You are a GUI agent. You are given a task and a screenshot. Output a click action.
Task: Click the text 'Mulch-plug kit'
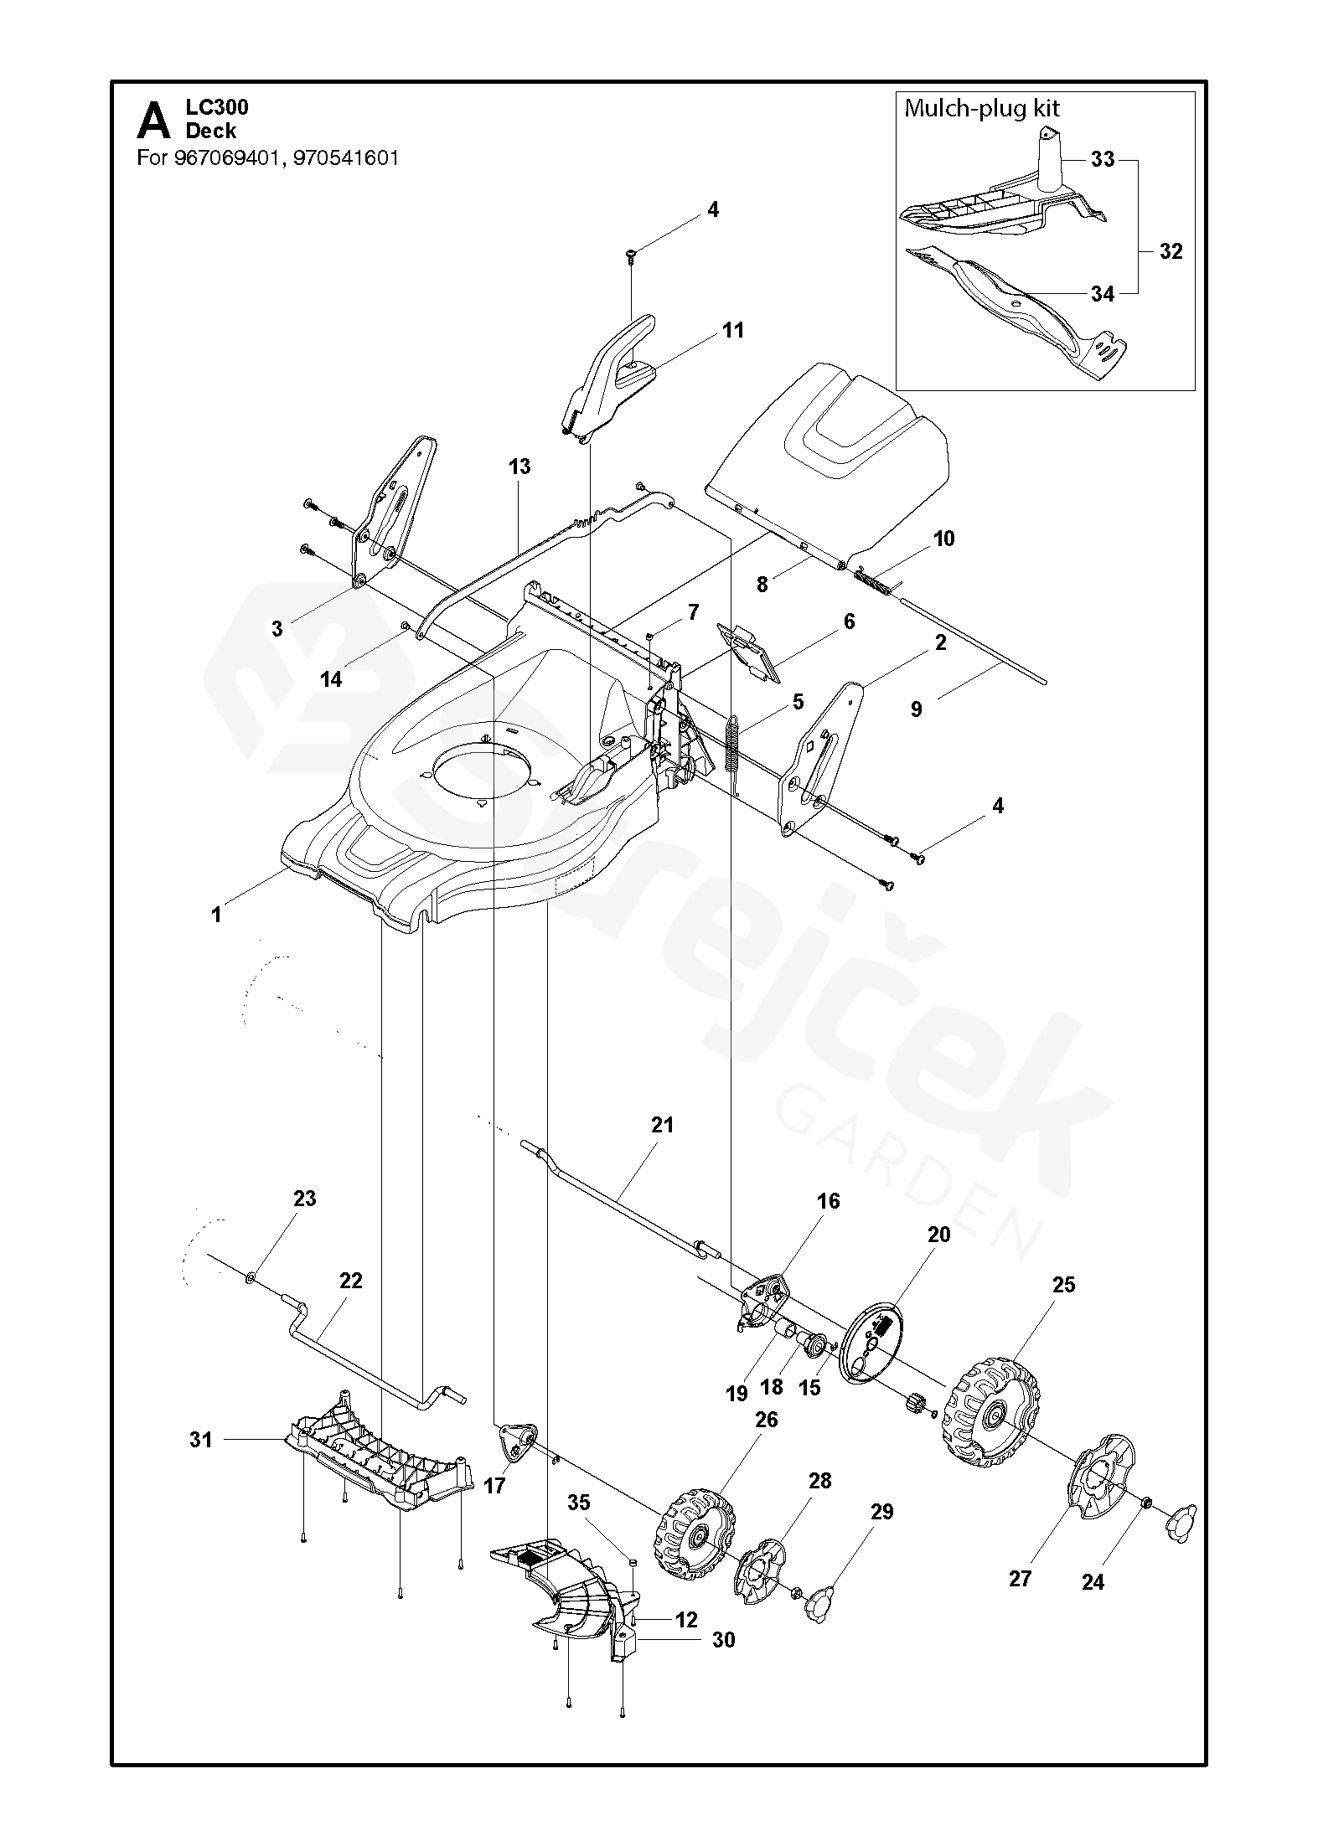[x=981, y=108]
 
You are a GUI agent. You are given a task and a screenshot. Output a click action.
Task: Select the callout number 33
[x=1103, y=159]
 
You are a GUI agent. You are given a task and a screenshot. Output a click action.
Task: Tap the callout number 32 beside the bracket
[x=1171, y=250]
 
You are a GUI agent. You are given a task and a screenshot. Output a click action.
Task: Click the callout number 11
[x=733, y=330]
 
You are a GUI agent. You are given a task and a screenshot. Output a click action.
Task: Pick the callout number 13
[x=519, y=467]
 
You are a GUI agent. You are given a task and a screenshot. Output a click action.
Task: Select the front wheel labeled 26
[x=694, y=1532]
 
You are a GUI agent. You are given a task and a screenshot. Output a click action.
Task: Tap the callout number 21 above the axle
[x=662, y=1125]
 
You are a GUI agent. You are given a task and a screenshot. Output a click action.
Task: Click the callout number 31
[x=201, y=1440]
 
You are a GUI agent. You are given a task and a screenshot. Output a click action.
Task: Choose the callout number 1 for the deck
[x=216, y=915]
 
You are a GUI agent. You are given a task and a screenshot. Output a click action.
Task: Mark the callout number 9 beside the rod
[x=916, y=709]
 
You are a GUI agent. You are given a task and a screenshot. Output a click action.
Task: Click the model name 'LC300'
[x=217, y=107]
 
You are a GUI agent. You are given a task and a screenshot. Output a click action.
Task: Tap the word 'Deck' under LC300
[x=211, y=131]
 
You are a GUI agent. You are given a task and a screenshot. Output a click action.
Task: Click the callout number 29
[x=881, y=1512]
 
